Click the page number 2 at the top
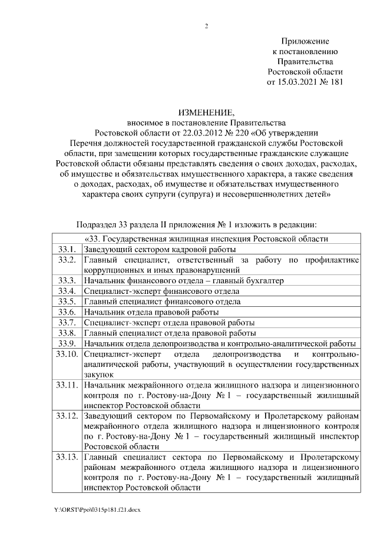tap(206, 26)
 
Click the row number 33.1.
tap(66, 249)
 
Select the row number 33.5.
tap(66, 302)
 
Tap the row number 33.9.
tap(66, 343)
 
